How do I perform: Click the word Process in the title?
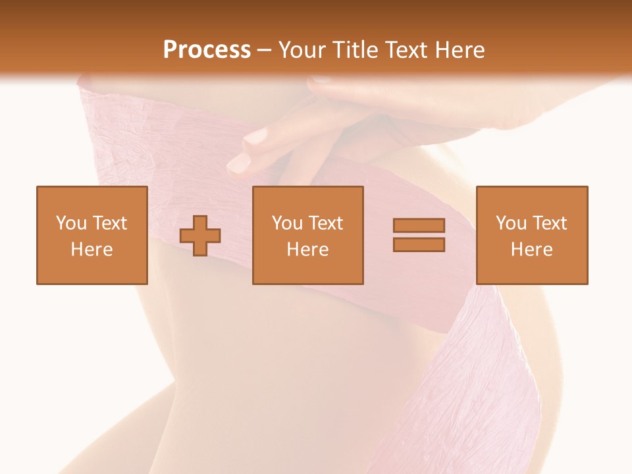(x=207, y=50)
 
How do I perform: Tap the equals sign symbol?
(x=419, y=235)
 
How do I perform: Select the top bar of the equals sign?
(x=419, y=225)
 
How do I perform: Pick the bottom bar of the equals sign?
(x=419, y=245)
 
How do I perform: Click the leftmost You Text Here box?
(x=92, y=235)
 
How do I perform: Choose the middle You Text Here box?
(x=308, y=235)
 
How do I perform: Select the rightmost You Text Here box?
(x=532, y=235)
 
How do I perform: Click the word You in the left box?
(x=71, y=223)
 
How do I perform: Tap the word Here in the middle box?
(x=308, y=250)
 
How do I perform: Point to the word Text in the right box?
(x=550, y=223)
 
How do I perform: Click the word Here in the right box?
(x=532, y=250)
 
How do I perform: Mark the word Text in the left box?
(x=109, y=223)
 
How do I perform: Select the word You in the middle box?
(x=287, y=223)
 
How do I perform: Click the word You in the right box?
(x=511, y=223)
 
